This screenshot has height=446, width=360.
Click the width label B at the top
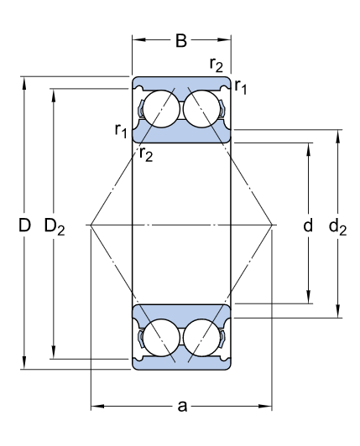pyautogui.click(x=181, y=40)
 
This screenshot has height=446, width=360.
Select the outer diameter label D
pyautogui.click(x=24, y=225)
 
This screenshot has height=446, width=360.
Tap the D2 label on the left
pyautogui.click(x=55, y=226)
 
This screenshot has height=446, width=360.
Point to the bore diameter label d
pyautogui.click(x=308, y=225)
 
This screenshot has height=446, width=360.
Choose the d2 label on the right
pyautogui.click(x=337, y=225)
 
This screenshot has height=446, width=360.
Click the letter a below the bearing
pyautogui.click(x=181, y=407)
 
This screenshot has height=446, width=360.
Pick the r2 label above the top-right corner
pyautogui.click(x=217, y=65)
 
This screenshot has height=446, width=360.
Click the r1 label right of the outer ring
pyautogui.click(x=242, y=85)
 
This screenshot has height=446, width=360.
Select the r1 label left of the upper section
pyautogui.click(x=121, y=130)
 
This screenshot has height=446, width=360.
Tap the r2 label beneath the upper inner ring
pyautogui.click(x=146, y=152)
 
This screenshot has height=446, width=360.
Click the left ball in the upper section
pyautogui.click(x=159, y=110)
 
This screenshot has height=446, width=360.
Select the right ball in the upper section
pyautogui.click(x=203, y=110)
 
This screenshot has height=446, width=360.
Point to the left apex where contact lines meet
pyautogui.click(x=90, y=225)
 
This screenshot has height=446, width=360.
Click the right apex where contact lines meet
pyautogui.click(x=274, y=225)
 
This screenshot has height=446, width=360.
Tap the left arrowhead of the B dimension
pyautogui.click(x=136, y=39)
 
